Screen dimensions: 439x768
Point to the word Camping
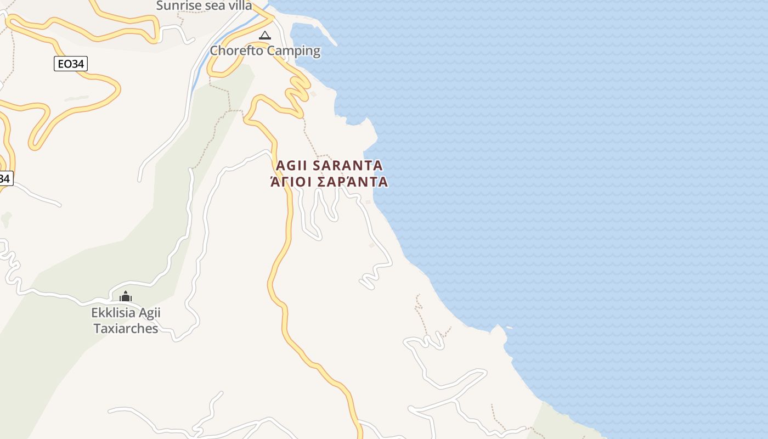293,51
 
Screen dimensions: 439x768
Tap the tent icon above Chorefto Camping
265,36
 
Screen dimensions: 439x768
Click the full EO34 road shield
71,64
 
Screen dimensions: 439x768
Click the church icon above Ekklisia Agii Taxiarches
126,297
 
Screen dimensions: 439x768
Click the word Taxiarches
126,329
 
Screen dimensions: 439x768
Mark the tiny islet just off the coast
510,328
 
